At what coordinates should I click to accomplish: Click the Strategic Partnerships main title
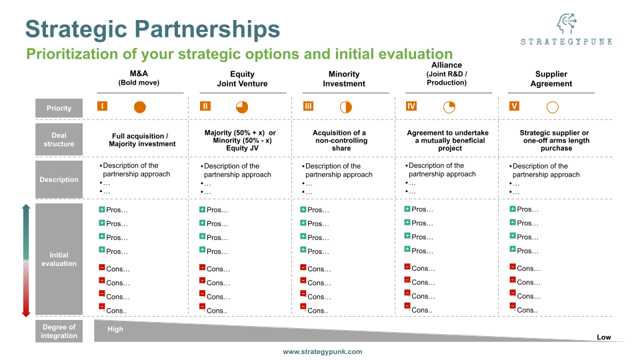(x=153, y=29)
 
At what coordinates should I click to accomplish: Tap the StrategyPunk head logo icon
(x=566, y=24)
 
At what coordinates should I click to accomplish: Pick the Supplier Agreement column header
(x=551, y=79)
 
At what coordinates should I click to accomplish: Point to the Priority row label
(x=59, y=108)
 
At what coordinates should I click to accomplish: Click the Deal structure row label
(x=59, y=140)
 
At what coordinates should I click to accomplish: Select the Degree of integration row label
(x=59, y=331)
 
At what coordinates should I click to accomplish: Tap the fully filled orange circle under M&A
(x=139, y=107)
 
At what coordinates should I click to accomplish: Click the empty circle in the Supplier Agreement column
(x=552, y=107)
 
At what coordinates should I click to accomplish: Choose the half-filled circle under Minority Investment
(x=345, y=107)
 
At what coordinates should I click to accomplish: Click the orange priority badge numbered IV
(x=411, y=106)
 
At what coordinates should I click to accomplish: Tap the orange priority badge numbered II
(x=205, y=106)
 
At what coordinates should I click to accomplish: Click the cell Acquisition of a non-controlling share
(x=341, y=140)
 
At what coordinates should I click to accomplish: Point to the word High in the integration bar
(x=115, y=329)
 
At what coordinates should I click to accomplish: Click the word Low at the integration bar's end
(x=603, y=337)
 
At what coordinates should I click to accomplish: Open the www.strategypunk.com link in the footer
(x=323, y=351)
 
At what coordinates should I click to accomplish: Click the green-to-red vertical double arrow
(x=26, y=261)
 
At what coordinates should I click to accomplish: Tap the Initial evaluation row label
(x=59, y=259)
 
